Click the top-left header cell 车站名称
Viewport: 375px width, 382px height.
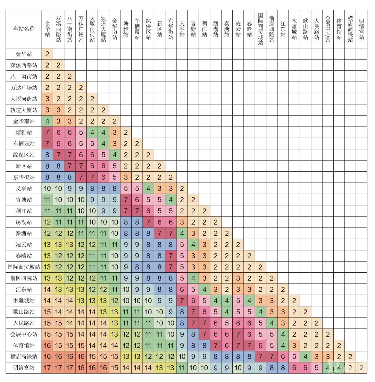(x=24, y=29)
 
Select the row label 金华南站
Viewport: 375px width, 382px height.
(x=24, y=121)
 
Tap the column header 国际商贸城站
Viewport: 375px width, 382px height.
(x=260, y=29)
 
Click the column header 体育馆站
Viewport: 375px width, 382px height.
(x=339, y=29)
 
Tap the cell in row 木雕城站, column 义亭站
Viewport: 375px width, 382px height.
(x=182, y=300)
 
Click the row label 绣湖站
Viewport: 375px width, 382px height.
(x=24, y=222)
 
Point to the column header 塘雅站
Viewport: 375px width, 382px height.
(x=126, y=29)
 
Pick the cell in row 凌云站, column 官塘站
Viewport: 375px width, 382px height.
(x=193, y=244)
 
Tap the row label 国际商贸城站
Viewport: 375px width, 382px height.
(x=24, y=267)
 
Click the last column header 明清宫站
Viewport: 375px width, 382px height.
(x=361, y=29)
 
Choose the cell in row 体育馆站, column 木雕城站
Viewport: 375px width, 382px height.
(x=294, y=345)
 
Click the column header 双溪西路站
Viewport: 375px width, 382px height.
(x=58, y=29)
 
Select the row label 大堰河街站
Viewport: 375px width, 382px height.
(x=24, y=99)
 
